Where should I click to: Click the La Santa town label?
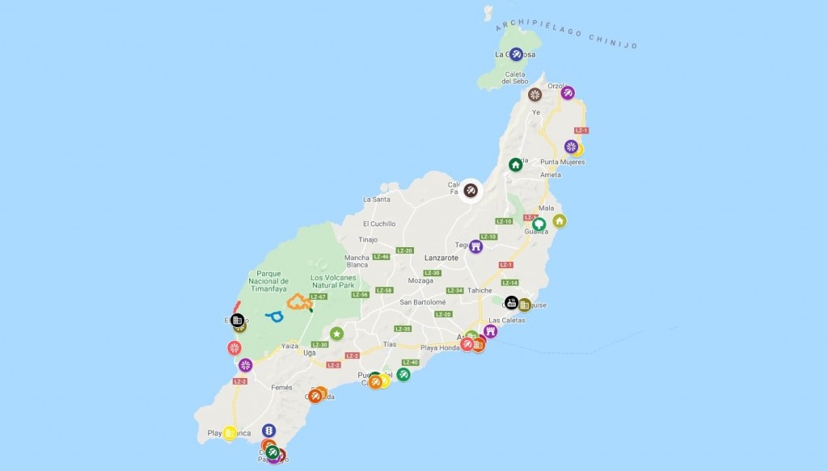click(x=377, y=199)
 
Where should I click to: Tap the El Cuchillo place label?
click(x=379, y=224)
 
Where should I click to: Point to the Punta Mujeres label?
click(x=562, y=162)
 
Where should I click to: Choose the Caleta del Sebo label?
click(x=515, y=78)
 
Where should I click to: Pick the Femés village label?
click(x=282, y=388)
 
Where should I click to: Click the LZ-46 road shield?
click(x=382, y=257)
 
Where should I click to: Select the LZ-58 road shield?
click(x=385, y=291)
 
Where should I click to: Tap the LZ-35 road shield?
click(x=403, y=329)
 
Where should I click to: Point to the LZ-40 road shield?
click(x=410, y=363)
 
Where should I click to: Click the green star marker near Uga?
click(x=336, y=334)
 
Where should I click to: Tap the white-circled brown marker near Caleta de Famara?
click(x=471, y=191)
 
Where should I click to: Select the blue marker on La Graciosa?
click(x=517, y=54)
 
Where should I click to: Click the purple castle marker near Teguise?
click(x=475, y=246)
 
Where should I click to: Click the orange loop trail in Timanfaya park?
click(x=298, y=303)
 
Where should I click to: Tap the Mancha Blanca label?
click(x=357, y=261)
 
